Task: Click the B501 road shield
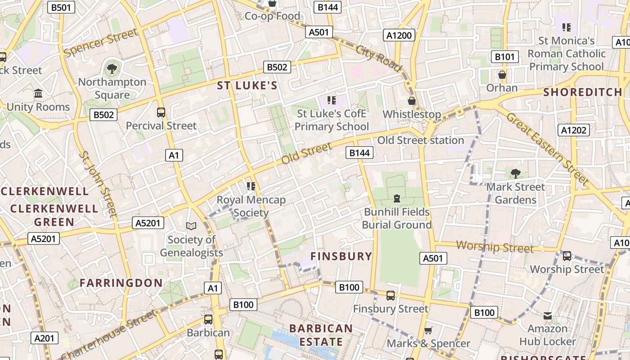click(x=61, y=7)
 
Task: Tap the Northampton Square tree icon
click(x=112, y=69)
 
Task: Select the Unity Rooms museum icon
click(x=38, y=94)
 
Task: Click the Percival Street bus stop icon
click(x=161, y=112)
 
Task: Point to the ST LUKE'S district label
click(x=247, y=85)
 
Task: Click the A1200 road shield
click(x=400, y=35)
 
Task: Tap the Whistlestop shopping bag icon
click(x=412, y=101)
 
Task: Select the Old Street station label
click(x=420, y=140)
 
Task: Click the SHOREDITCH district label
click(x=583, y=92)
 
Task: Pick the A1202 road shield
click(x=574, y=130)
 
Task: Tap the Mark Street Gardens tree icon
click(x=516, y=173)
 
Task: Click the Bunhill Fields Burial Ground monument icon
click(x=397, y=198)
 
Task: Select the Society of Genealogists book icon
click(x=191, y=226)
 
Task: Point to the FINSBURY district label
click(x=342, y=256)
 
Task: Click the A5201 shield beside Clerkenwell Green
click(x=44, y=238)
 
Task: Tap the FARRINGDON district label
click(x=121, y=283)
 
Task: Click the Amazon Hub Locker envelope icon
click(x=548, y=316)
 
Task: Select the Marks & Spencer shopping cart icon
click(x=428, y=331)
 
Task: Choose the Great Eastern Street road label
click(x=547, y=149)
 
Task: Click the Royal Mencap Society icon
click(x=251, y=186)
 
